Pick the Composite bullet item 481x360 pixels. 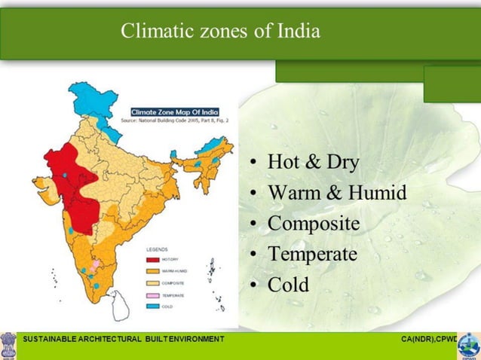(x=314, y=224)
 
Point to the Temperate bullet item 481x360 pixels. (x=312, y=255)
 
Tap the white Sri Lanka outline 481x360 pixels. (x=118, y=305)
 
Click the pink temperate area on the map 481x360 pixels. (x=94, y=266)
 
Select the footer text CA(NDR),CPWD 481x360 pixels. (x=430, y=340)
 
